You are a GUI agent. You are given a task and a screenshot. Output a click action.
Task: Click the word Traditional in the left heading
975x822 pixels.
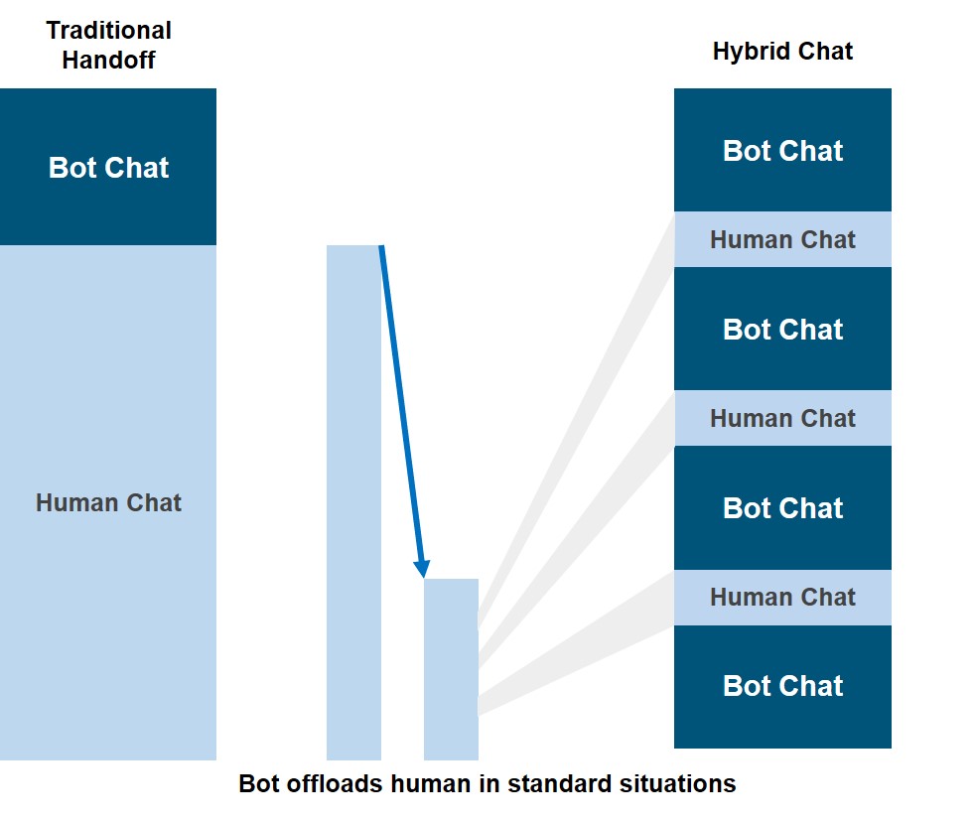pyautogui.click(x=109, y=30)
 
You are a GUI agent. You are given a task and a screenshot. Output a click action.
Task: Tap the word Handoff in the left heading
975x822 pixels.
pyautogui.click(x=109, y=60)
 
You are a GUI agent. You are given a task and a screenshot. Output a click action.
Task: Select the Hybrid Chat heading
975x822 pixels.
pyautogui.click(x=782, y=51)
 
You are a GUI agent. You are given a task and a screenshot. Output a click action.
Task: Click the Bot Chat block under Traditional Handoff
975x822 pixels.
pyautogui.click(x=108, y=167)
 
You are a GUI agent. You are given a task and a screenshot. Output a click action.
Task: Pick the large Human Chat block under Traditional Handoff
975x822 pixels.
pyautogui.click(x=108, y=502)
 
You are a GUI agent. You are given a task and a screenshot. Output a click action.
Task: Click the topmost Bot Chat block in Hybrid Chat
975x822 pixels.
pyautogui.click(x=782, y=150)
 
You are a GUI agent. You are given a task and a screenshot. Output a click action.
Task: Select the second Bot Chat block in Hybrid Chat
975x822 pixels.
pyautogui.click(x=782, y=329)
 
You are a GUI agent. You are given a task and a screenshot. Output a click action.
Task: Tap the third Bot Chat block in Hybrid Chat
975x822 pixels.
pyautogui.click(x=782, y=508)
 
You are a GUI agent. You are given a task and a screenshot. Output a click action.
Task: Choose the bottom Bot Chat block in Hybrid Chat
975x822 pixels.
pyautogui.click(x=782, y=686)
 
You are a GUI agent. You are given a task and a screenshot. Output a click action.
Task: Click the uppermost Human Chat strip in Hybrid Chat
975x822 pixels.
pyautogui.click(x=782, y=239)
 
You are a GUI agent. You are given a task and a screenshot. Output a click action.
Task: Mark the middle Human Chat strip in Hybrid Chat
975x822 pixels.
pyautogui.click(x=782, y=419)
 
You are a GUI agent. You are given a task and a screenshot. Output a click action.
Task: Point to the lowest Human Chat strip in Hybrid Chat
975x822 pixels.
pyautogui.click(x=782, y=598)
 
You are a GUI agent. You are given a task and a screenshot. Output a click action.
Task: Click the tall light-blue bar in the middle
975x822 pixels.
pyautogui.click(x=353, y=502)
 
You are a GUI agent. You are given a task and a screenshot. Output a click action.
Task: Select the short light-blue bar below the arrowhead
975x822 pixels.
pyautogui.click(x=451, y=669)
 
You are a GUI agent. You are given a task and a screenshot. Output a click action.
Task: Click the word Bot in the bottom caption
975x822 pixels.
pyautogui.click(x=259, y=783)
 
